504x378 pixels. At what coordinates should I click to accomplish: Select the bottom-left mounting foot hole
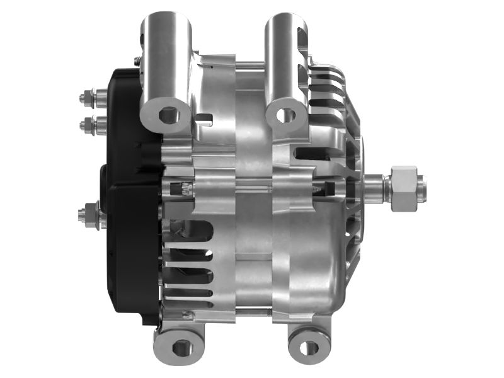tap(181, 346)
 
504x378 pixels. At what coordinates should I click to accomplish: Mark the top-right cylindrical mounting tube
tap(287, 57)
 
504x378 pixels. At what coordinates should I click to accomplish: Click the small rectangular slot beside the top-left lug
tap(203, 117)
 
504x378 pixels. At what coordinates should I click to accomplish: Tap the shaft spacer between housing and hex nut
tap(377, 186)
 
